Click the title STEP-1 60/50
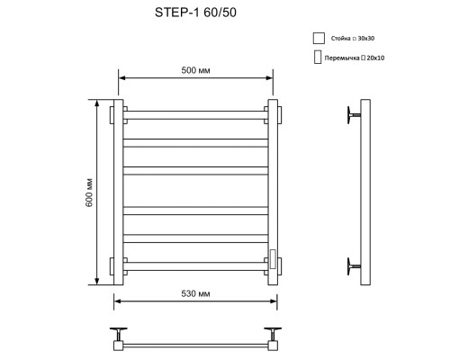(195, 13)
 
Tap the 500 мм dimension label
(195, 70)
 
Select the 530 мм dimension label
(195, 293)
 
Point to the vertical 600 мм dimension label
(89, 193)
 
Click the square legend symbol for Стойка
(319, 39)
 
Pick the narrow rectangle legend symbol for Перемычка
(318, 57)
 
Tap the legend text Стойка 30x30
(353, 39)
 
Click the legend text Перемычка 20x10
(355, 58)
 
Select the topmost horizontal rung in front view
(195, 115)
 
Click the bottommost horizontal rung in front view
(195, 266)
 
